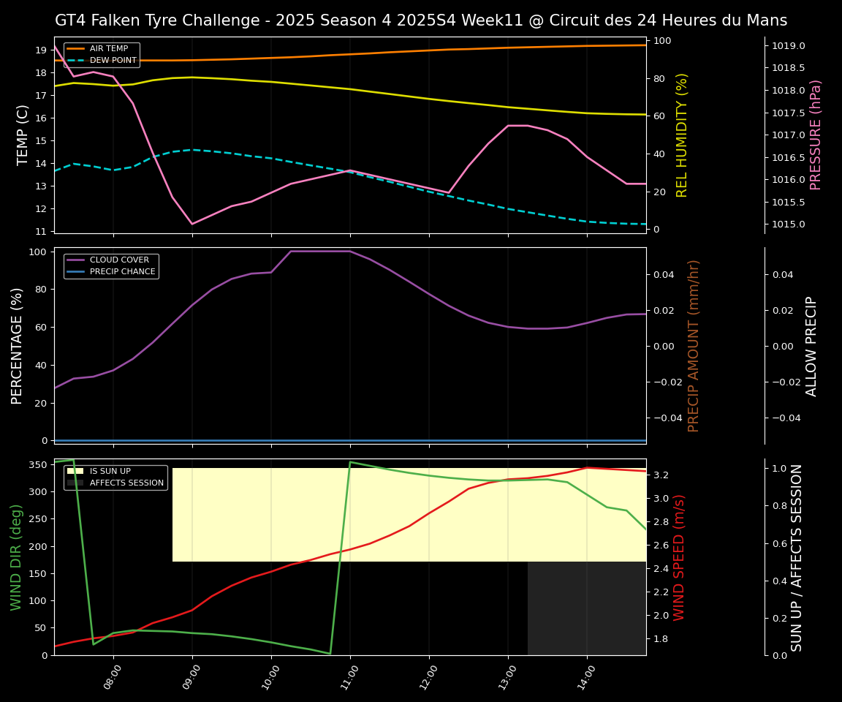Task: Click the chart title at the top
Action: [x=421, y=20]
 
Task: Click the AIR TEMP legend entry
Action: [x=108, y=49]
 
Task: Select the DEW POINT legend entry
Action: [x=113, y=61]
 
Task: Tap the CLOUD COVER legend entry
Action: [x=119, y=260]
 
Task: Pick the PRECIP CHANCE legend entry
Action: [x=122, y=272]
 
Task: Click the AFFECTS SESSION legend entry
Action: [x=126, y=483]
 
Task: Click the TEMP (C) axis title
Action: [x=23, y=135]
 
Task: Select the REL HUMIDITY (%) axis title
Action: [x=683, y=135]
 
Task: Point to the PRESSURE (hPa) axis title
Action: [x=816, y=135]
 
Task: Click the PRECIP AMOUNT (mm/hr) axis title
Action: [x=694, y=345]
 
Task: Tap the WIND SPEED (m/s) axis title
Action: [x=680, y=557]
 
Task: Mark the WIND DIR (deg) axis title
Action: [x=16, y=557]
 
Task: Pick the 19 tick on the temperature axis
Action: [x=41, y=50]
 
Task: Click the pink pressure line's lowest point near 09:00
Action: [x=192, y=224]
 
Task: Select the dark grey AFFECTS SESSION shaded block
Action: [x=587, y=608]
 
